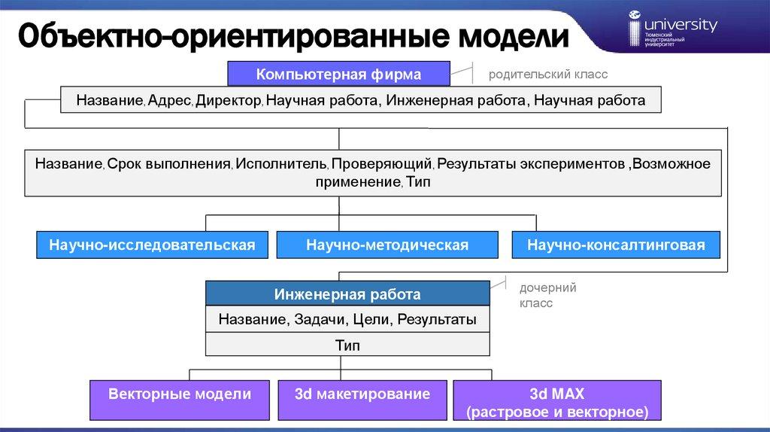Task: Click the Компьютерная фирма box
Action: [x=339, y=75]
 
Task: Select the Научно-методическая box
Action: [x=387, y=245]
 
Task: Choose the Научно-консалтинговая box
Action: [x=616, y=245]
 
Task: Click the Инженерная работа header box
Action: [x=347, y=294]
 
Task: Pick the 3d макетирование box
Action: [x=362, y=394]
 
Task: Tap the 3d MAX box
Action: [x=556, y=402]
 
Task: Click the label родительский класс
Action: [x=547, y=75]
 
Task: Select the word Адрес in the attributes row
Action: [x=171, y=100]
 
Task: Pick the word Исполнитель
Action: [x=280, y=163]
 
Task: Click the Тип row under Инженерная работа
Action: [x=347, y=345]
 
